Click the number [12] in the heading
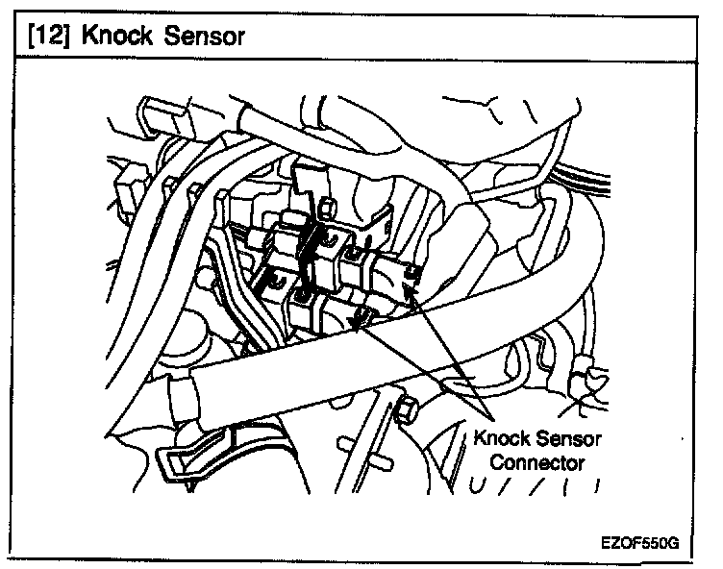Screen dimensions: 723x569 pyautogui.click(x=48, y=36)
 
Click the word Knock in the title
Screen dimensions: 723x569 pyautogui.click(x=116, y=36)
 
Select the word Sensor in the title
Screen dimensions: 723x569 pyautogui.click(x=204, y=37)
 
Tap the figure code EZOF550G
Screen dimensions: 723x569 pyautogui.click(x=639, y=543)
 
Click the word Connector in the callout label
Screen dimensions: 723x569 pyautogui.click(x=537, y=462)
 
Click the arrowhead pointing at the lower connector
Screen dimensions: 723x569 pyautogui.click(x=358, y=323)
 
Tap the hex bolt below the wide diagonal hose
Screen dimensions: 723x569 pyautogui.click(x=407, y=408)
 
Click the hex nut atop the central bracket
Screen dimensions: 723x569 pyautogui.click(x=326, y=207)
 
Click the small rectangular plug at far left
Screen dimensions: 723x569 pyautogui.click(x=130, y=186)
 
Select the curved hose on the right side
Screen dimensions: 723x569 pyautogui.click(x=572, y=259)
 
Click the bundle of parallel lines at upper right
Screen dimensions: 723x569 pyautogui.click(x=584, y=178)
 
